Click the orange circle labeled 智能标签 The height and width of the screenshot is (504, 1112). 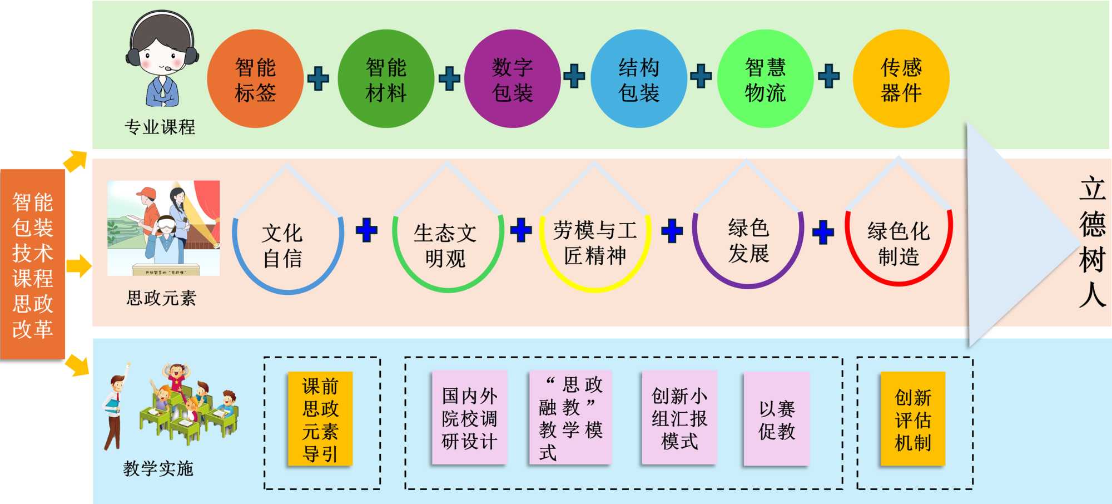tap(255, 79)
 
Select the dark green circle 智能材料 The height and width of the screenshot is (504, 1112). tap(386, 79)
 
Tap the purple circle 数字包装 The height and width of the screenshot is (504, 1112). tap(512, 79)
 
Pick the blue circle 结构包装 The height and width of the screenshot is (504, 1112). tap(639, 79)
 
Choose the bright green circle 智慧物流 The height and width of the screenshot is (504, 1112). tap(765, 79)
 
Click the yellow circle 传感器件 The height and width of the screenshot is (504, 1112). tap(901, 79)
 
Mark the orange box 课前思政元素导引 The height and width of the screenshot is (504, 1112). tap(320, 419)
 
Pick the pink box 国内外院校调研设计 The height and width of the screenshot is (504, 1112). tap(469, 418)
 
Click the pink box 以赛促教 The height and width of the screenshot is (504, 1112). tap(776, 419)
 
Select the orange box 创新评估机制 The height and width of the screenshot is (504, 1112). tap(912, 419)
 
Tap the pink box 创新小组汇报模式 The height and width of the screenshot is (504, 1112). tap(679, 418)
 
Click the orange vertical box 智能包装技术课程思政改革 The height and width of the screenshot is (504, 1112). tap(33, 265)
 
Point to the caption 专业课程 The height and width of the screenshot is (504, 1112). tap(160, 127)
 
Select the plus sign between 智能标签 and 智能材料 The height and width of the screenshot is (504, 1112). tap(318, 79)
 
